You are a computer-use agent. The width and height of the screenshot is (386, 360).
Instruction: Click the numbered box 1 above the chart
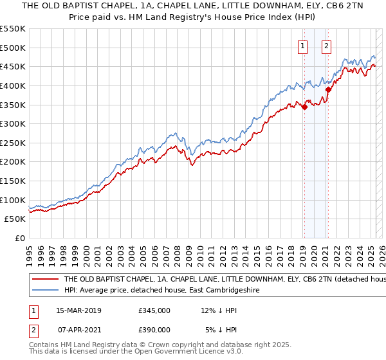pos(302,46)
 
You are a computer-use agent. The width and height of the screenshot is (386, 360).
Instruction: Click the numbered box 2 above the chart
pos(327,46)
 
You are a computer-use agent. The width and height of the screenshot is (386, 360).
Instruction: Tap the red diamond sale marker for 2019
pos(304,107)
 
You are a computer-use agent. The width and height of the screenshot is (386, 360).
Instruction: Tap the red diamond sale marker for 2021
pos(328,90)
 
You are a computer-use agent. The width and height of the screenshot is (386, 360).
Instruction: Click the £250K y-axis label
pos(13,143)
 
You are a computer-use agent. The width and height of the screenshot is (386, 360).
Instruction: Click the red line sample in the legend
pos(45,280)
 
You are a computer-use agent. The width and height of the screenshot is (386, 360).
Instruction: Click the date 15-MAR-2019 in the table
pos(78,310)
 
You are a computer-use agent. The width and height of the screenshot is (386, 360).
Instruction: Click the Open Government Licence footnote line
pos(136,352)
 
